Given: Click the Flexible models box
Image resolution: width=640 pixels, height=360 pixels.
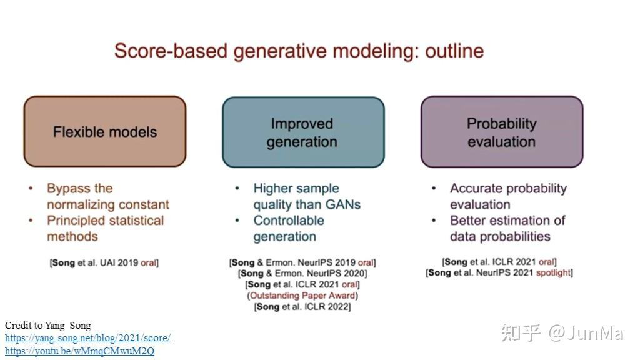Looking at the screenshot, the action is click(105, 131).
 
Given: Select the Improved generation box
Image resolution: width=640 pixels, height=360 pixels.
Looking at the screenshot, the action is click(303, 132).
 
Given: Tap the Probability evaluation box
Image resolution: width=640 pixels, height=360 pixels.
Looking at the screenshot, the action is click(502, 132).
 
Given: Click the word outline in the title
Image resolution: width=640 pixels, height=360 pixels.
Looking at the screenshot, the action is click(454, 51).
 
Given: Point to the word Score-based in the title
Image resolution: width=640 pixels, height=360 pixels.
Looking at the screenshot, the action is click(171, 51).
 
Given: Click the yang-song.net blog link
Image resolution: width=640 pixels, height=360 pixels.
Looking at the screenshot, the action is click(87, 338).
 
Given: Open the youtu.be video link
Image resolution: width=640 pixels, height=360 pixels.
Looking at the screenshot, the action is click(79, 351).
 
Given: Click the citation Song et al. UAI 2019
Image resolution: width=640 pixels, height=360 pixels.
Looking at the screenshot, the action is click(104, 262).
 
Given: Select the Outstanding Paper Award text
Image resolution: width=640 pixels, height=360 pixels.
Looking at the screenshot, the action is click(302, 296).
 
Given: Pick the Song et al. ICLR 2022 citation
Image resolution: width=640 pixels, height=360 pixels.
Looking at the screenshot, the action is click(302, 306).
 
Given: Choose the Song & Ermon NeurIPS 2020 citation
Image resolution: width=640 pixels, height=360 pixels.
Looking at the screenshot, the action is click(302, 273).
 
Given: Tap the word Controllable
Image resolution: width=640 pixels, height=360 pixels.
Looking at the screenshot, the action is click(289, 221).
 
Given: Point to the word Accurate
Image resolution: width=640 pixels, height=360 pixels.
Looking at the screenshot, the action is click(476, 188).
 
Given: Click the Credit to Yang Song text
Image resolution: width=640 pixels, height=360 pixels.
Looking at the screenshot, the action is click(47, 325).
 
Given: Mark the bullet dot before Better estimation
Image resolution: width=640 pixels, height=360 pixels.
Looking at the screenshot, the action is click(434, 221).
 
